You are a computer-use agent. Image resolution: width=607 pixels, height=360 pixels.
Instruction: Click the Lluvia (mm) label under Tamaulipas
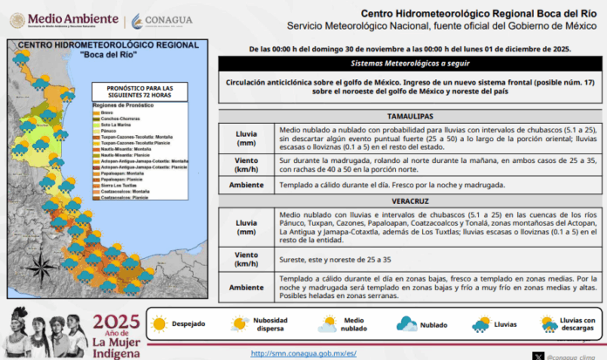pyautogui.click(x=247, y=139)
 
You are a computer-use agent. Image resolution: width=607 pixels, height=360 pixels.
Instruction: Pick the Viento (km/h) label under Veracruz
pyautogui.click(x=247, y=258)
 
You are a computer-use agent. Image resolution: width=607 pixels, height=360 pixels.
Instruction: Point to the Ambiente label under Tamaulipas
pyautogui.click(x=247, y=186)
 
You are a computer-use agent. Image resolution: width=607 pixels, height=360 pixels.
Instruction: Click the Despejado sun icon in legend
pyautogui.click(x=160, y=323)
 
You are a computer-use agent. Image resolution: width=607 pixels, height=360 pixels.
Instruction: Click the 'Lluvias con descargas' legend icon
pyautogui.click(x=549, y=325)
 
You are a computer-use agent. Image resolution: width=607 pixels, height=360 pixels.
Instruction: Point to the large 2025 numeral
pyautogui.click(x=116, y=323)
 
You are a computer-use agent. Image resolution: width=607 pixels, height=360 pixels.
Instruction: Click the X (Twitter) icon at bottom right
pyautogui.click(x=537, y=354)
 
